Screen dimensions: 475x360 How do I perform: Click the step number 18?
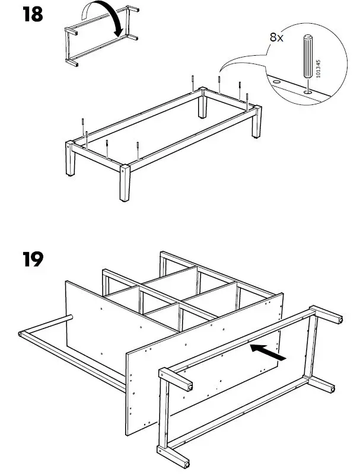point(33,14)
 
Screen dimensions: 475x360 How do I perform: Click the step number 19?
point(33,260)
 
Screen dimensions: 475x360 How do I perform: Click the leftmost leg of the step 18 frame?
point(71,160)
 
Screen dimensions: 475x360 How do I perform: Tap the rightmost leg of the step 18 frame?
point(257,122)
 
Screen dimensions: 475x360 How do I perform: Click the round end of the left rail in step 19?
point(22,336)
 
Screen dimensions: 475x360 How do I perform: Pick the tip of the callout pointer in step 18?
point(221,75)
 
